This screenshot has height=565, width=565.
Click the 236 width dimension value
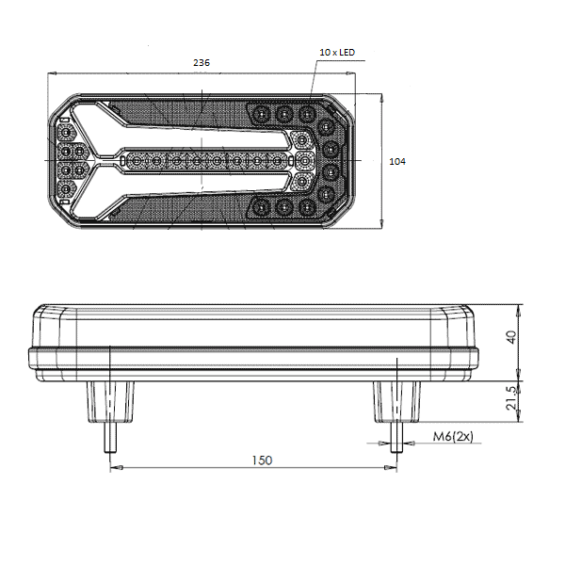point(202,63)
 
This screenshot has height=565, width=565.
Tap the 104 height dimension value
point(397,161)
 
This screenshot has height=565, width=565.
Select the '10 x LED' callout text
point(337,52)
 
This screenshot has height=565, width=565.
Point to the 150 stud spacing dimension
point(262,460)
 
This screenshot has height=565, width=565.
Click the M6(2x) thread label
point(453,436)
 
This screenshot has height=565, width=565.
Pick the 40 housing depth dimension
point(511,337)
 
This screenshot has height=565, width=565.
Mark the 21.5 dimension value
point(511,398)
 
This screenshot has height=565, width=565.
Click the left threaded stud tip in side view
point(110,450)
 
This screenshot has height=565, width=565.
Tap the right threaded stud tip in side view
point(396,450)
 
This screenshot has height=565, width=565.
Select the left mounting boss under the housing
point(110,402)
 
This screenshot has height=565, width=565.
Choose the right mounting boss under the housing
point(396,402)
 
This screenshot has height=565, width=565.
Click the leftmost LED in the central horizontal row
point(136,161)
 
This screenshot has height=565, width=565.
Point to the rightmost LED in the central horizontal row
point(278,161)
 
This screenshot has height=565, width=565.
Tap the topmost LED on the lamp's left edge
point(66,134)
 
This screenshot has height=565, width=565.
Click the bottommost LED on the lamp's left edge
point(66,188)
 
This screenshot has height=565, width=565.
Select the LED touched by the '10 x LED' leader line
point(307,114)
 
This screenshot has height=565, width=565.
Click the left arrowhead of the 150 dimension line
point(117,468)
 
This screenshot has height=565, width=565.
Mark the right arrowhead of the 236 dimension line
point(350,73)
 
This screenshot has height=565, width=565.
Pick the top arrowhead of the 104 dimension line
point(381,99)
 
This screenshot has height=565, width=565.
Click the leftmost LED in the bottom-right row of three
point(260,208)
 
